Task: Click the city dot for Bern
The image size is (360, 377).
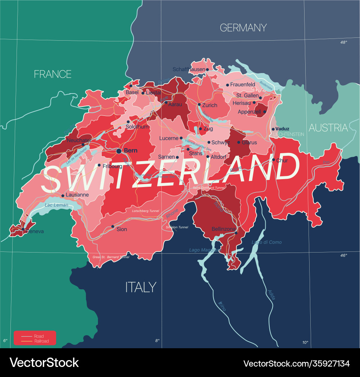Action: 119,151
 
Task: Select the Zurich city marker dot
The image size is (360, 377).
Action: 199,105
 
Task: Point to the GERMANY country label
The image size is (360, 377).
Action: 243,28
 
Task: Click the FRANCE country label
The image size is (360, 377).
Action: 53,74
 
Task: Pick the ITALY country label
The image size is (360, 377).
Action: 141,287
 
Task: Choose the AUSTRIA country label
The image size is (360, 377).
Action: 328,128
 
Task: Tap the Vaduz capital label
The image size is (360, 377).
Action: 283,129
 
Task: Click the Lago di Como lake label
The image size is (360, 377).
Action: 267,242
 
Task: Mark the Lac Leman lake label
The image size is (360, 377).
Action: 57,205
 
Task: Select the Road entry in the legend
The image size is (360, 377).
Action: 39,336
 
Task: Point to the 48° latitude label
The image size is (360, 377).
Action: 344,42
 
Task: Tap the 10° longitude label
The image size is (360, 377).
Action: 305,342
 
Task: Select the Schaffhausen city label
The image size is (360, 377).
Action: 189,69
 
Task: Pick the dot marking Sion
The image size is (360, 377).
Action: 113,227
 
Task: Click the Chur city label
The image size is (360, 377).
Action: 282,160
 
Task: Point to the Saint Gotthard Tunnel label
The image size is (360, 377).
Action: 209,188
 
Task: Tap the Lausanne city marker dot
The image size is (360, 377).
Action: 63,196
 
